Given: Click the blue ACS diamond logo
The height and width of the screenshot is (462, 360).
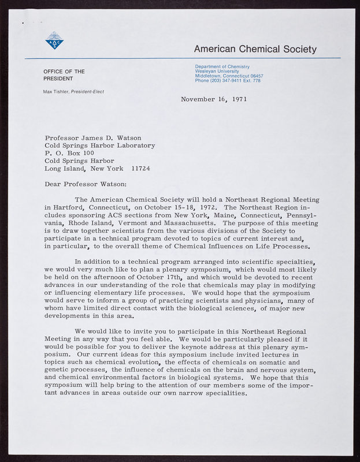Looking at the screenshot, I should click(54, 40).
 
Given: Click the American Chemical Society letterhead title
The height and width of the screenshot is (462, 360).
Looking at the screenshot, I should click(255, 49).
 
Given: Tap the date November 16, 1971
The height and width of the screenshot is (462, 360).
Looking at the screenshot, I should click(214, 99).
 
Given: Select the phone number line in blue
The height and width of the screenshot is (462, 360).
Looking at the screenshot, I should click(228, 81).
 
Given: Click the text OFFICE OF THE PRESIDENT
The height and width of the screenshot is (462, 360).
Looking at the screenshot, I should click(64, 75).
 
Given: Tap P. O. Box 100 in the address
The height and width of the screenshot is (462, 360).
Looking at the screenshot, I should click(69, 153).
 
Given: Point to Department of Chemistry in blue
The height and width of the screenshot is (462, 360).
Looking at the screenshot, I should click(222, 67).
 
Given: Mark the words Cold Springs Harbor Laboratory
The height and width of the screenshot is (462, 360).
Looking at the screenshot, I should click(100, 146).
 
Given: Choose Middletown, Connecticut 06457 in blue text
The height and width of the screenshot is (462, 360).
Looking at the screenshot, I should click(229, 76).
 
